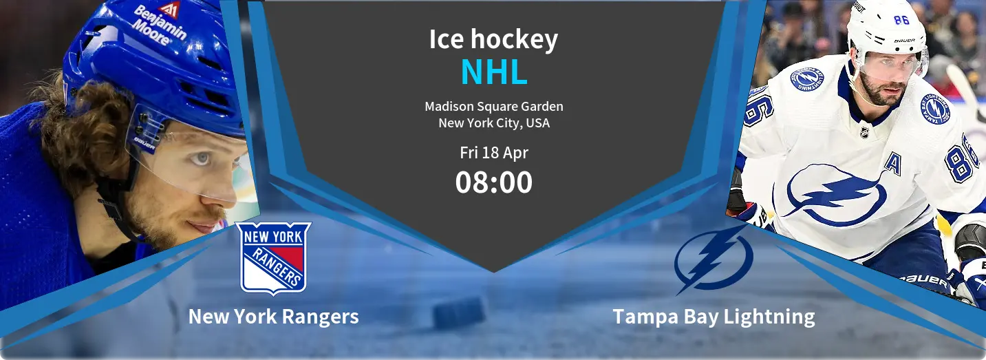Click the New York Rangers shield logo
[273, 258]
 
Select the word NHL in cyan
[494, 72]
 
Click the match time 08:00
[494, 182]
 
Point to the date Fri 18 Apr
[494, 152]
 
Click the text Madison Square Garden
[494, 107]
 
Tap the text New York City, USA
[494, 123]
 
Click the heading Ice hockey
[493, 40]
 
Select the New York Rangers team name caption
[273, 317]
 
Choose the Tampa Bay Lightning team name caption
[714, 317]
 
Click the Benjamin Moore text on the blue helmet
[160, 25]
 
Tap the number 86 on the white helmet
[901, 20]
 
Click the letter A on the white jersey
[893, 163]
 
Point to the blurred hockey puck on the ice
[459, 313]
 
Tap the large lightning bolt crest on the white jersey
[835, 193]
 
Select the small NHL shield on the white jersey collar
[864, 132]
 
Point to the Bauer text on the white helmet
[905, 41]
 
